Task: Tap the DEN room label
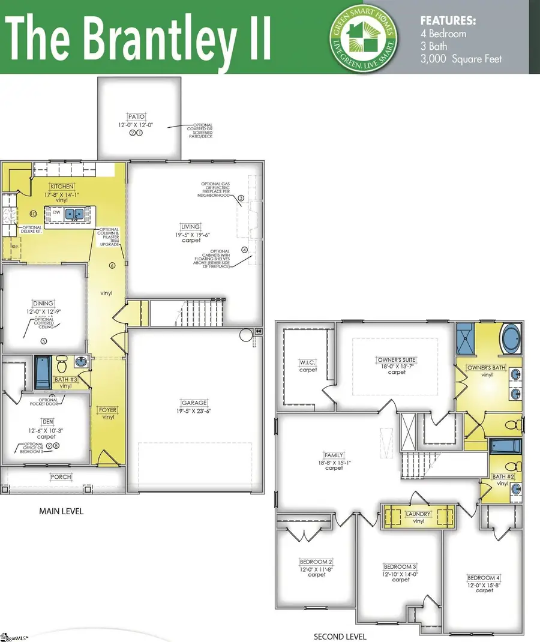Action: (x=47, y=422)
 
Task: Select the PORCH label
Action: (x=61, y=477)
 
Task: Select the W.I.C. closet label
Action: (x=308, y=362)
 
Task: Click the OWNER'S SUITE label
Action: (x=396, y=359)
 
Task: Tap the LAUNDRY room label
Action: (x=418, y=514)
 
